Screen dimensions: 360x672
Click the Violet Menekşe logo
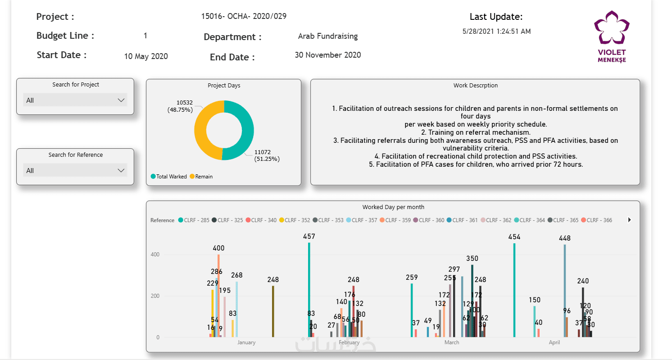coord(611,36)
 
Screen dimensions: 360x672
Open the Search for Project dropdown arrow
coord(121,100)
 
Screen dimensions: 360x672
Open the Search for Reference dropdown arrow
coord(121,170)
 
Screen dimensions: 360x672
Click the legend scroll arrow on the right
coord(629,220)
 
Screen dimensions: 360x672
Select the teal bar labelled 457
coord(309,288)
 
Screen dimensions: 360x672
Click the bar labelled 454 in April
coord(514,288)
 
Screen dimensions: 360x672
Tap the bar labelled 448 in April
coord(565,288)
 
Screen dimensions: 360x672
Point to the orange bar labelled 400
coord(218,293)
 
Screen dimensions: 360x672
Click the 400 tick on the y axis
coord(155,255)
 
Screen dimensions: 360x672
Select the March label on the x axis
coord(452,342)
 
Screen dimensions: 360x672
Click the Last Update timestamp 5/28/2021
coord(496,32)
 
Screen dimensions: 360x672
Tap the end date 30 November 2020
coord(328,55)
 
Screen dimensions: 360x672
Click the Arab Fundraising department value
coord(328,36)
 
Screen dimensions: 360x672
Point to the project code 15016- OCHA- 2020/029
coord(244,16)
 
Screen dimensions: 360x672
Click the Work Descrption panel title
coord(475,85)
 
